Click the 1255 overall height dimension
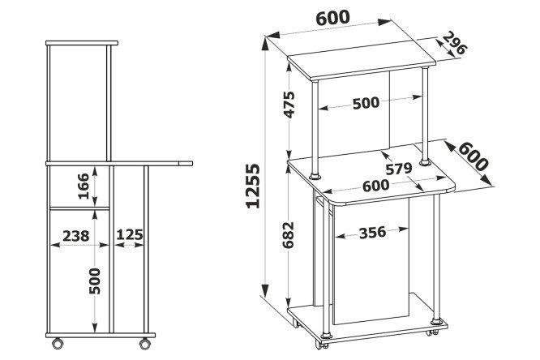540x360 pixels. point(253,186)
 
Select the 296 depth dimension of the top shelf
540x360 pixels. point(454,44)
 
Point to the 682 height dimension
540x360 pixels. point(288,235)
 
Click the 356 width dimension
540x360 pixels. point(372,233)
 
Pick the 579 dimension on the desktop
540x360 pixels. point(398,169)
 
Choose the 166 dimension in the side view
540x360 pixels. point(84,186)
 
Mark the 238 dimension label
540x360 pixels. point(75,236)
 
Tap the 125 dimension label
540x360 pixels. point(130,235)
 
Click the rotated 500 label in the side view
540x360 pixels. point(95,281)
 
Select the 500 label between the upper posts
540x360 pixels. point(366,103)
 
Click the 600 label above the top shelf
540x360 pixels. point(332,18)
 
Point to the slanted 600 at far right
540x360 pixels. point(473,156)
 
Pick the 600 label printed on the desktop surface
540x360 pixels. point(375,186)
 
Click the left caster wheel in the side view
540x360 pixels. point(58,343)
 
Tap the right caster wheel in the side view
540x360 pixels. point(145,343)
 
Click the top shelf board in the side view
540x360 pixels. point(82,43)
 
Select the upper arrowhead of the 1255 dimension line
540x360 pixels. point(265,44)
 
